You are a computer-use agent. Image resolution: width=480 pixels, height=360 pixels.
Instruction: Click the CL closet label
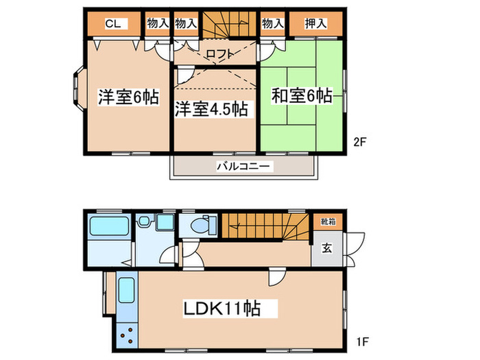(x=113, y=23)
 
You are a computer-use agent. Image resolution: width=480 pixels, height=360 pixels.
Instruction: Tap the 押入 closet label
(x=316, y=23)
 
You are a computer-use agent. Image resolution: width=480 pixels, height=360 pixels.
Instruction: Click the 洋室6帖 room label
(x=129, y=97)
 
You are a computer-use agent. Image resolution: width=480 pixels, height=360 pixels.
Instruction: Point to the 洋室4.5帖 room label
(x=211, y=108)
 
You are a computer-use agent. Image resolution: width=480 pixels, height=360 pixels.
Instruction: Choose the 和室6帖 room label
(x=302, y=96)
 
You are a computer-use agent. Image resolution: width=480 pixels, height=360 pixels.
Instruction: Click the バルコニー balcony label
(x=243, y=166)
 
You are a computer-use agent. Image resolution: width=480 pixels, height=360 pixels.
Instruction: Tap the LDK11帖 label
(x=222, y=309)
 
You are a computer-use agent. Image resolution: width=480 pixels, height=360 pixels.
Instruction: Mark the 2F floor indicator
(x=360, y=142)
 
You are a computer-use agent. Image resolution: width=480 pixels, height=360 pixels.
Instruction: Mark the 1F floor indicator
(x=363, y=341)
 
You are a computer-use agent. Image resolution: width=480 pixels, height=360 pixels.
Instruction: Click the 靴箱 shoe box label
(x=328, y=221)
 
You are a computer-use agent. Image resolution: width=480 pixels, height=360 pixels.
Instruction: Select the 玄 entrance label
(x=326, y=248)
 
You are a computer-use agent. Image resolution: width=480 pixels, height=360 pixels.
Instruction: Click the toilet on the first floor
(x=204, y=226)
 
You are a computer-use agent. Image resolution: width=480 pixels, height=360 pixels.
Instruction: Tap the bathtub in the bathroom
(x=108, y=226)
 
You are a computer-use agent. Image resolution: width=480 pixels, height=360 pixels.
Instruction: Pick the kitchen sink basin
(x=126, y=290)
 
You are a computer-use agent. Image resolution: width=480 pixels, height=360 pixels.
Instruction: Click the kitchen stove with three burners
(x=127, y=335)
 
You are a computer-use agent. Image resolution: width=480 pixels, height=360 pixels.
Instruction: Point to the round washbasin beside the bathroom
(x=143, y=221)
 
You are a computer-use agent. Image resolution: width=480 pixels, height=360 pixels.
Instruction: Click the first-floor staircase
(x=265, y=226)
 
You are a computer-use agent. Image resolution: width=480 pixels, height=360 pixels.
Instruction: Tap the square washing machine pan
(x=165, y=223)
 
